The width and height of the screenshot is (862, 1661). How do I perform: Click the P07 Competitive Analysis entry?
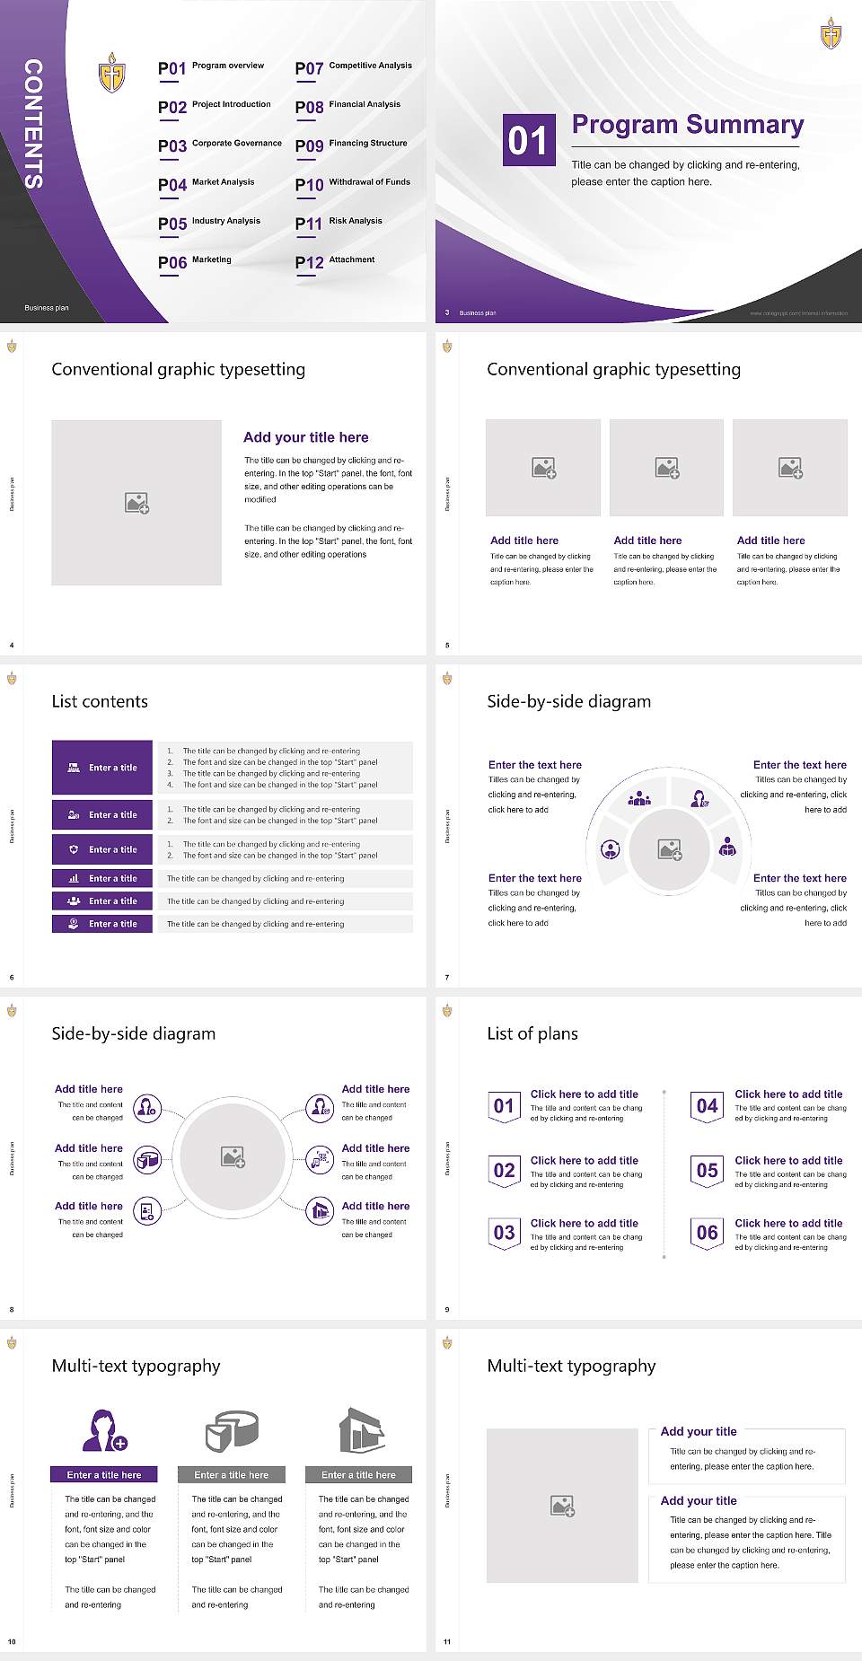tap(353, 67)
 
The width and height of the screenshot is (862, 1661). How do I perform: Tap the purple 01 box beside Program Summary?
tap(527, 140)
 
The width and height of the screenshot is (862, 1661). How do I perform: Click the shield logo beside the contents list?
tap(111, 73)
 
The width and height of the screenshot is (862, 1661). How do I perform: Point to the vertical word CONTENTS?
tap(33, 124)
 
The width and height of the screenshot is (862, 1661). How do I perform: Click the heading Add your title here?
tap(305, 437)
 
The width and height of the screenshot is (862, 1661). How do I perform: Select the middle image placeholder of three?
tap(666, 468)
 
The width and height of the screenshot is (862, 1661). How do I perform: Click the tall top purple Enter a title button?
tap(101, 768)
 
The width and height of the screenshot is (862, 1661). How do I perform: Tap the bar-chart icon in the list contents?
tap(74, 879)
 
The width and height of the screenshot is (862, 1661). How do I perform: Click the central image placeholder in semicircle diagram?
tap(669, 849)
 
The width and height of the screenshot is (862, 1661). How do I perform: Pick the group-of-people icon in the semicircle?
tap(639, 798)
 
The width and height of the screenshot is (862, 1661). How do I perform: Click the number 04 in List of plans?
tap(707, 1106)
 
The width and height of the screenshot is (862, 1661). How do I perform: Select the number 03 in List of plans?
tap(504, 1233)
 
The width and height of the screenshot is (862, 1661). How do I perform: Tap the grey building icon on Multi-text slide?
tap(361, 1430)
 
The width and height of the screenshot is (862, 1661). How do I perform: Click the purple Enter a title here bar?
tap(103, 1474)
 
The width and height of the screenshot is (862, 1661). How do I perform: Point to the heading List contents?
tap(100, 701)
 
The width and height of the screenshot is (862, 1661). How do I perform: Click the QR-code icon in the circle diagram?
tap(320, 1159)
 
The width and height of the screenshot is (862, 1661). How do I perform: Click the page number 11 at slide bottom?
tap(447, 1642)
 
